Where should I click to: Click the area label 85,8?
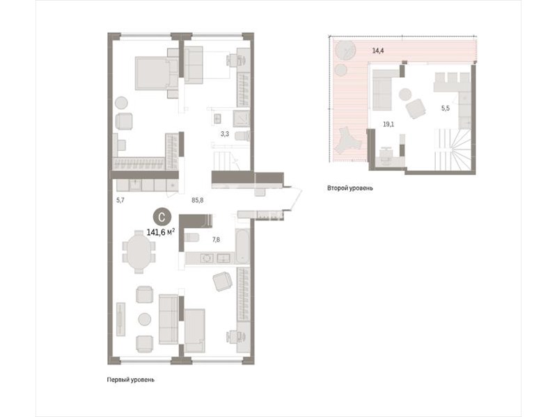tap(198, 200)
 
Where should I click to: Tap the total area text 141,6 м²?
tap(161, 232)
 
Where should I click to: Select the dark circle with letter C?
tap(162, 218)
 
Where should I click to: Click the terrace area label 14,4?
tap(377, 51)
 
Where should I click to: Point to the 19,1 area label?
tap(389, 124)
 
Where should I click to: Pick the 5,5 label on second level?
tap(446, 108)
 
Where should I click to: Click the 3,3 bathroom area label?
tap(225, 134)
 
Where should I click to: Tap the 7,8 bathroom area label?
tap(216, 240)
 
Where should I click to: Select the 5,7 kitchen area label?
tap(120, 200)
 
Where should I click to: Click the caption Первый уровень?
tap(131, 379)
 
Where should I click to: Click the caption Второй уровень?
tap(350, 188)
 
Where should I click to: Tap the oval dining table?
tap(139, 252)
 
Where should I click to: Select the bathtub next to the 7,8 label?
tap(242, 247)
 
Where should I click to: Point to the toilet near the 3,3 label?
tap(244, 136)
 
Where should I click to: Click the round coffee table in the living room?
tap(145, 319)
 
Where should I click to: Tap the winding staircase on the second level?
tap(454, 149)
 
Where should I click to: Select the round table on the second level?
tap(405, 95)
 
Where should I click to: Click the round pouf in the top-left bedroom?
tap(120, 103)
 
